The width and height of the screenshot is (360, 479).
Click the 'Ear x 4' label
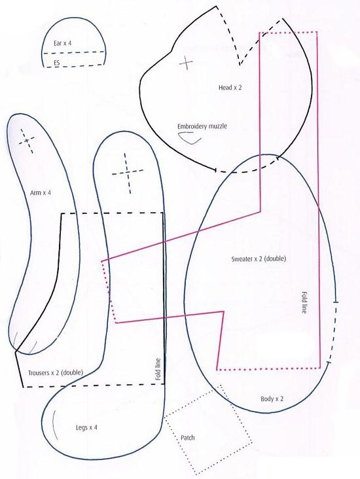pos(63,43)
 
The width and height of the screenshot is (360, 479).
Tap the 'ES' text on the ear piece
pos(57,63)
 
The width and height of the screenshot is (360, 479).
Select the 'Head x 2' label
pos(230,88)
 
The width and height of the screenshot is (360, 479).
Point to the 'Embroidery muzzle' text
pos(202,126)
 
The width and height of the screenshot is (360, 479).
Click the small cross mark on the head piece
pos(186,63)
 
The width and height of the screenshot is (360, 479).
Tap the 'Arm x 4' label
pos(41,193)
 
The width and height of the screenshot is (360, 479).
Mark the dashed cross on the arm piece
pos(27,141)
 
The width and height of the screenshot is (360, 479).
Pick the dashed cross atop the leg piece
pos(128,173)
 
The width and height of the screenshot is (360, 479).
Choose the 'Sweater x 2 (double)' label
pos(259,259)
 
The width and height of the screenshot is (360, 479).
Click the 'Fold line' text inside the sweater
pos(304,302)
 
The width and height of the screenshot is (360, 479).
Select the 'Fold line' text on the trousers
pos(158,369)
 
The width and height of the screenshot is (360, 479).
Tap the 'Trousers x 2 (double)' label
pos(56,373)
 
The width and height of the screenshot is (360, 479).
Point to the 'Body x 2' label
pos(272,399)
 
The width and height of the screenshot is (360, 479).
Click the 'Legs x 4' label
pos(86,427)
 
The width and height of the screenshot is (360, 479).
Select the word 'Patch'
pos(188,438)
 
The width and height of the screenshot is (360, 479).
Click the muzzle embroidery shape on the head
pos(189,138)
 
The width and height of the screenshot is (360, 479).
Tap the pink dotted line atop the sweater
pos(288,32)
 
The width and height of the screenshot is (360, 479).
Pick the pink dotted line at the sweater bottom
pos(268,369)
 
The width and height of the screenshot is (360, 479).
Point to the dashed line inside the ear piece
pos(74,52)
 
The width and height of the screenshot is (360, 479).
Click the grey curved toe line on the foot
pos(54,425)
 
